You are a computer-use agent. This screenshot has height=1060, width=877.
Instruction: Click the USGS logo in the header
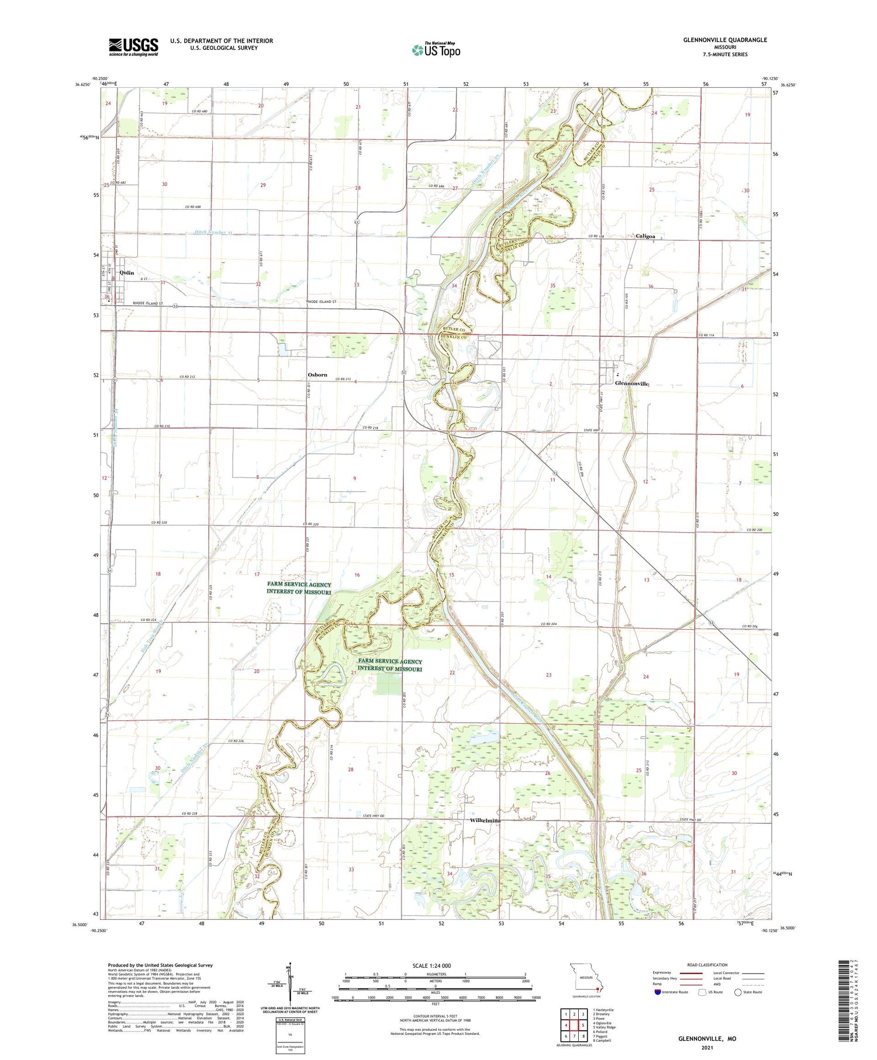click(x=133, y=47)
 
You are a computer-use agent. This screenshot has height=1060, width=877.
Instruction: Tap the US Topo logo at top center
click(x=436, y=50)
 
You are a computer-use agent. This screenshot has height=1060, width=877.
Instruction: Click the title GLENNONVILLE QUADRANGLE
click(x=725, y=40)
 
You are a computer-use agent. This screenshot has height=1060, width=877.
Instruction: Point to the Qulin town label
click(x=126, y=272)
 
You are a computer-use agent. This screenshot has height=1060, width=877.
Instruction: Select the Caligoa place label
click(x=645, y=236)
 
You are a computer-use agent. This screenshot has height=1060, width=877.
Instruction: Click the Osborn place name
click(x=317, y=374)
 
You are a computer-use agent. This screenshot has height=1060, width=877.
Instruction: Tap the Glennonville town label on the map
click(x=631, y=384)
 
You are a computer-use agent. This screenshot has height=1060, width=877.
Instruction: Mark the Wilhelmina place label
click(x=485, y=820)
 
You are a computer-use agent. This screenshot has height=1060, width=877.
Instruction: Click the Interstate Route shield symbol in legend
click(x=658, y=992)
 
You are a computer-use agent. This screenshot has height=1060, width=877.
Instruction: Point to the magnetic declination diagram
click(x=289, y=988)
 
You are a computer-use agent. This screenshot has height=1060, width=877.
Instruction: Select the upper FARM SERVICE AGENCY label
click(x=299, y=588)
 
